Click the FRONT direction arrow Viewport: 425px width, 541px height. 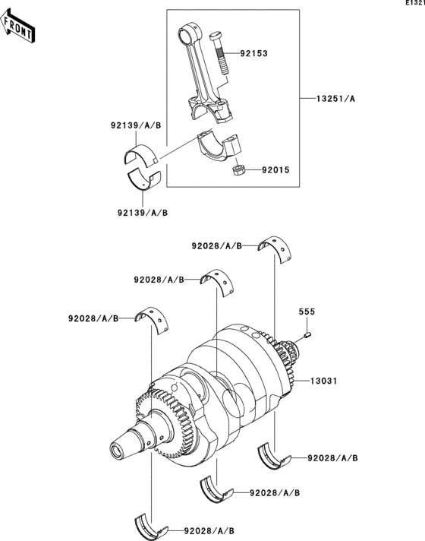pyautogui.click(x=17, y=27)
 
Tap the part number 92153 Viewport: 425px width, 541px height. pyautogui.click(x=254, y=53)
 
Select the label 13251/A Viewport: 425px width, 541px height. pyautogui.click(x=335, y=99)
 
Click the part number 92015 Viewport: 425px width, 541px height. pyautogui.click(x=275, y=170)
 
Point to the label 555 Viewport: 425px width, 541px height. pyautogui.click(x=307, y=312)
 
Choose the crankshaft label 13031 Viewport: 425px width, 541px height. pyautogui.click(x=323, y=381)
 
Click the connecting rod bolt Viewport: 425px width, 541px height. pyautogui.click(x=220, y=52)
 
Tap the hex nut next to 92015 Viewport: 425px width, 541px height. pyautogui.click(x=238, y=169)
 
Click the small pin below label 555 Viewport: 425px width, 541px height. pyautogui.click(x=308, y=334)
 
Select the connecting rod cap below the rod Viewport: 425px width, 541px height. pyautogui.click(x=219, y=147)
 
